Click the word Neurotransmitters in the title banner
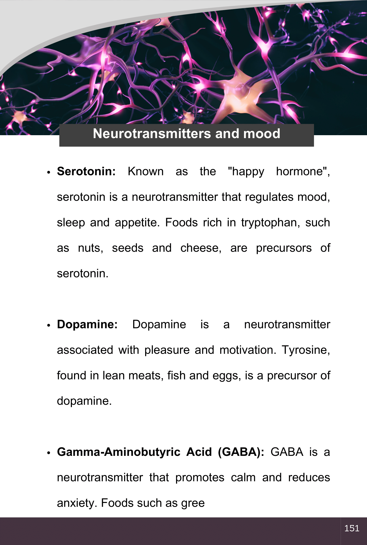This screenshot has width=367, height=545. tap(152, 134)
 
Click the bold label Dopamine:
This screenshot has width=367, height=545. tap(87, 324)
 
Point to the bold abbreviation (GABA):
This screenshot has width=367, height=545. tap(241, 452)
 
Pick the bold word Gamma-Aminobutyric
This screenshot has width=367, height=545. tap(119, 452)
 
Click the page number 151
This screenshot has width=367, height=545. tap(352, 528)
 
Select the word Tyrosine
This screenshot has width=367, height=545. tap(305, 350)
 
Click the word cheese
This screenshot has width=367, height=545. tap(201, 248)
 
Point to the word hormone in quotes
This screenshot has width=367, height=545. tap(302, 171)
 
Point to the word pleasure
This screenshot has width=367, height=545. tap(167, 350)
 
